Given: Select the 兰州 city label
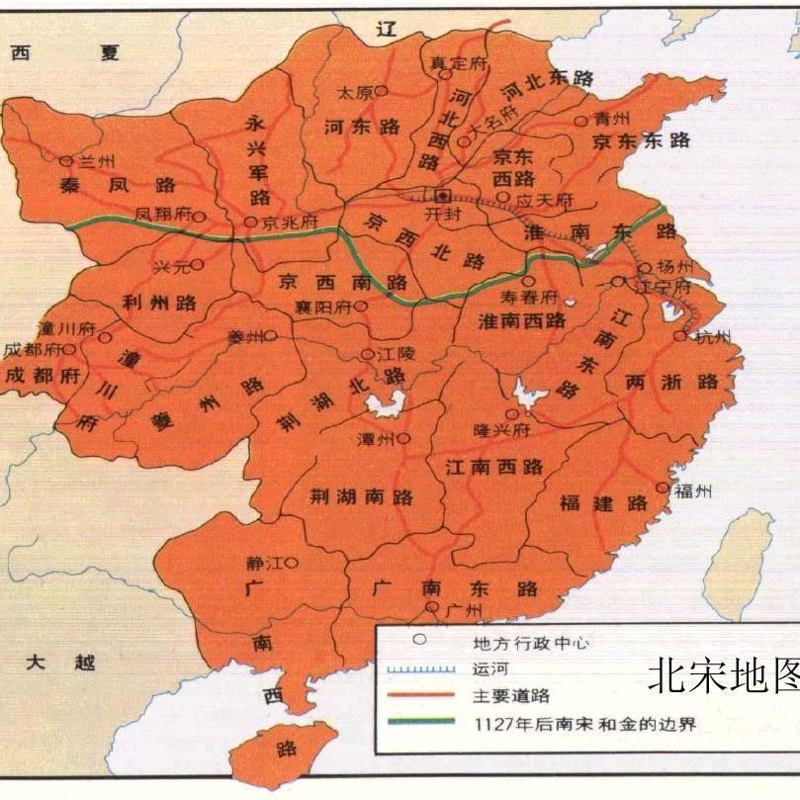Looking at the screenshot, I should point(89,161).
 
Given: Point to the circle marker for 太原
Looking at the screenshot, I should point(379,91).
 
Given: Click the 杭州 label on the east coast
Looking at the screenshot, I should point(710,337).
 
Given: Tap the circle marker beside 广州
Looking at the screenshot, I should point(431,607).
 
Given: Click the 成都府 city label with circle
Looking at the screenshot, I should point(34,350).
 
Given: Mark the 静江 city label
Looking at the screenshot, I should point(264,563).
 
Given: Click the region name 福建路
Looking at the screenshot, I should point(603,503).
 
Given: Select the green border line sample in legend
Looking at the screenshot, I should point(419,723).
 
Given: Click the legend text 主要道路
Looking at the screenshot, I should point(508,696).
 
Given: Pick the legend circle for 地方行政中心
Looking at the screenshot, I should point(419,640).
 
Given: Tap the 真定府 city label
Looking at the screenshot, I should point(459,62).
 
